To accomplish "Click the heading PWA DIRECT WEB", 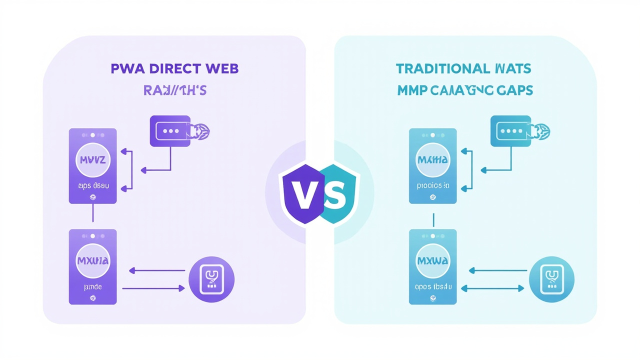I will (174, 68).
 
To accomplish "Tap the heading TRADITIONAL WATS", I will (463, 68).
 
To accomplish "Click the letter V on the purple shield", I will (301, 196).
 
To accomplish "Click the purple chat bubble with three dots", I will (170, 131).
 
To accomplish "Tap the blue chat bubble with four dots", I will (510, 131).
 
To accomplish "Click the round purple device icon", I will (211, 279).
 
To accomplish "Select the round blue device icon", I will (551, 279).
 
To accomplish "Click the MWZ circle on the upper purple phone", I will (92, 160).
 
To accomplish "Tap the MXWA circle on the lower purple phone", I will (92, 260).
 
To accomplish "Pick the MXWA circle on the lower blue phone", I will (432, 260).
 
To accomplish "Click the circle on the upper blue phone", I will (432, 160).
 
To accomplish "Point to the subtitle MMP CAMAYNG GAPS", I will (465, 90).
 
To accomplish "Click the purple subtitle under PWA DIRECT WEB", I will (174, 90).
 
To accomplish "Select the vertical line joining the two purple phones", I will (92, 214).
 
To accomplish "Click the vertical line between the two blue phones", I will (433, 219).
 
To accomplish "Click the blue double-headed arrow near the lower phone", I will (492, 288).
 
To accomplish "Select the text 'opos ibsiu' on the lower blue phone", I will (433, 287).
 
